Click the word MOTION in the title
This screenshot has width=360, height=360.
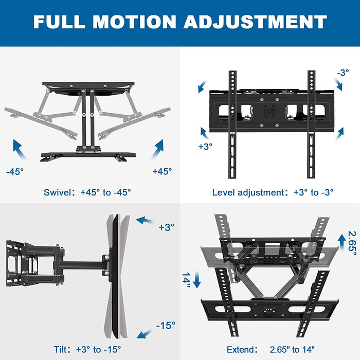pos(134,22)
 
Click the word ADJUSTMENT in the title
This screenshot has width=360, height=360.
pos(255,22)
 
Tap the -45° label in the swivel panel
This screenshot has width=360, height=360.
pos(15,171)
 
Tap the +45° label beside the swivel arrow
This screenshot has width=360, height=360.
pos(162,171)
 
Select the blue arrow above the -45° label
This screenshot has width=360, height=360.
pos(20,149)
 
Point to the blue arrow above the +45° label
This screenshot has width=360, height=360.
pos(158,149)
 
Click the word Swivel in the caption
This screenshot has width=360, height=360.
pos(58,192)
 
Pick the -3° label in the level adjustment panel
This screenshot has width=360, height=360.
pos(343,73)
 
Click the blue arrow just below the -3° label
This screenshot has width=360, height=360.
pos(338,84)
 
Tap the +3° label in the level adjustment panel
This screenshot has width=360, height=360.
pos(205,147)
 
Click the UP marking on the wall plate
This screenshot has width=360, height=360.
pos(270,112)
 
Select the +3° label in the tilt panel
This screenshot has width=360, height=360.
pos(167,227)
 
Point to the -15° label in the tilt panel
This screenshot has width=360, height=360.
pos(166,326)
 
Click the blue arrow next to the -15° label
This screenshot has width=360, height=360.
pos(145,333)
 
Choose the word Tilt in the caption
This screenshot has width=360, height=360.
pos(61,349)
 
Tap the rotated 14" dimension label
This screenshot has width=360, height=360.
pos(186,280)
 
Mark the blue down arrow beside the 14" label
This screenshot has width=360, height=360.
pos(197,280)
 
